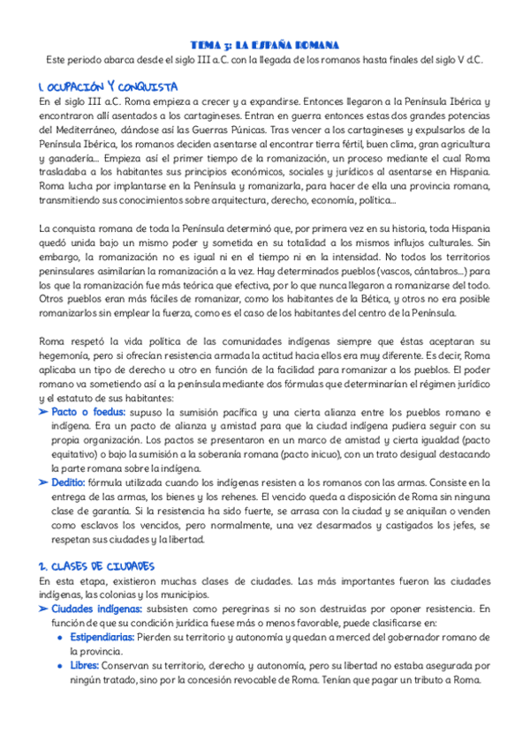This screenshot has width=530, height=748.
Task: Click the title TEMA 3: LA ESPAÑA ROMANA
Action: coord(265,44)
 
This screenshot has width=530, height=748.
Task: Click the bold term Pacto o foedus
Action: coord(88,413)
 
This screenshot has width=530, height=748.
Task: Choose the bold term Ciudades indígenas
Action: coord(96,609)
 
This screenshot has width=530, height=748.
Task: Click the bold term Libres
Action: coord(84,665)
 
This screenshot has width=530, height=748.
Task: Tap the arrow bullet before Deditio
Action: coord(44,482)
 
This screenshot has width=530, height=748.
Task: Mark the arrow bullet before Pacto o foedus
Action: coord(44,413)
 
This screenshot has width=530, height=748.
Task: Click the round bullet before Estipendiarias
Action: coord(59,637)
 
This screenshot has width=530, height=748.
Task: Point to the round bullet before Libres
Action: coord(59,665)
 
